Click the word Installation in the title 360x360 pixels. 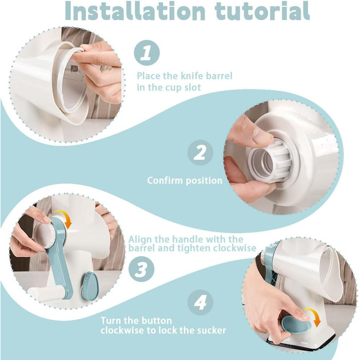135,11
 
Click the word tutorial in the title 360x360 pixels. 262,11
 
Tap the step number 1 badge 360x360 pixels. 147,53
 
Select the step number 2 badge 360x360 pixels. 200,153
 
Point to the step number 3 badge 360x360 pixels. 141,269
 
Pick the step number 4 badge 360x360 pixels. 200,302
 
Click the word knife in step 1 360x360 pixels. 192,76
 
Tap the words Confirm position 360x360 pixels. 185,181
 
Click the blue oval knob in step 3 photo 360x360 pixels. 90,286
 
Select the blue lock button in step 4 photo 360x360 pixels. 296,323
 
